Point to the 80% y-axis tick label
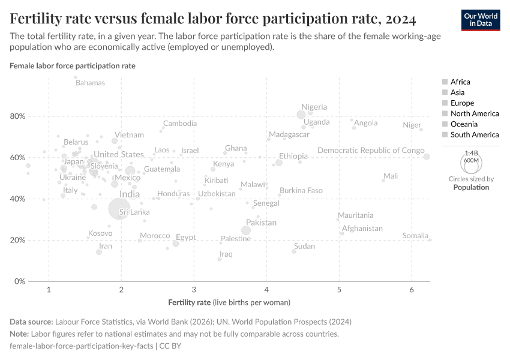(x=17, y=116)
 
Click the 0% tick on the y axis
(x=19, y=281)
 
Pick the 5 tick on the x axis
(x=339, y=290)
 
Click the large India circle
(x=120, y=208)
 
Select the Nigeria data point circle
(x=301, y=115)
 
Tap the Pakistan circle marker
(x=245, y=230)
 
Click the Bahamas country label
(x=90, y=83)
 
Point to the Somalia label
(x=415, y=236)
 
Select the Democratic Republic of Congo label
(x=371, y=151)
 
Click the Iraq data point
(x=220, y=259)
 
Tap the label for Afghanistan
(x=362, y=229)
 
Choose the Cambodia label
(x=180, y=124)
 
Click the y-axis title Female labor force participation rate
(x=73, y=65)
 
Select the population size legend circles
(x=471, y=162)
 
